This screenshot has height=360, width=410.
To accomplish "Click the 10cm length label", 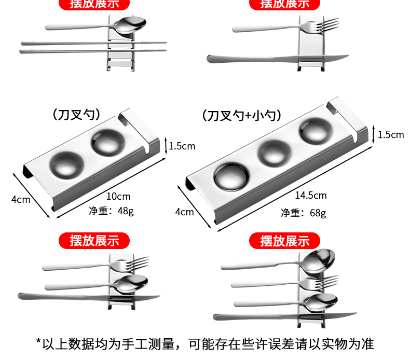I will (118, 197).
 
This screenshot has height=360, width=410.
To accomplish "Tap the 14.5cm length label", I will (311, 196).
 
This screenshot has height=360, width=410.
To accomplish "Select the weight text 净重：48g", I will (111, 211).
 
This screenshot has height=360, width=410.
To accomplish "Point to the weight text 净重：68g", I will (304, 213).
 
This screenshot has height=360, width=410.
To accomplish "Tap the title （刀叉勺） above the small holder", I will (76, 114).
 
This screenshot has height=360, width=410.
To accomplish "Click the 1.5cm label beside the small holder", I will (182, 146).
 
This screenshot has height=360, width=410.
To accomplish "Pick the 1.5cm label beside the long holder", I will (390, 135).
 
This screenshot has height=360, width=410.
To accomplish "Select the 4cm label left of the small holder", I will (21, 199).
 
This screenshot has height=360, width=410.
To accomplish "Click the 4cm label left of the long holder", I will (184, 212).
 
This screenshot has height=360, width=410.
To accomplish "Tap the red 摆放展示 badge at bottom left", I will (95, 240).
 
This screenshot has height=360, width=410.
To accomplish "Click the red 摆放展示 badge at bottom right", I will (285, 241).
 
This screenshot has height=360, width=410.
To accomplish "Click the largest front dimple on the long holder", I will (231, 176).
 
